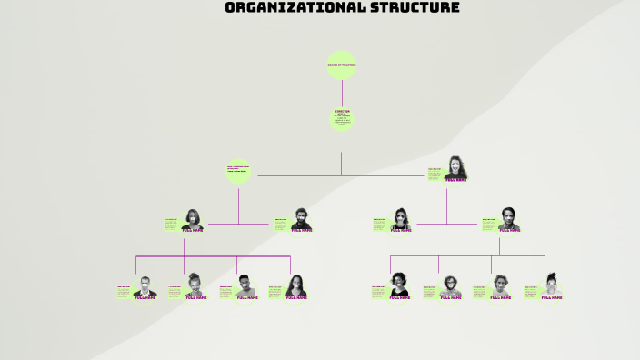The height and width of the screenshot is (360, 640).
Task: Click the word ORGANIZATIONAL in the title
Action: point(282,8)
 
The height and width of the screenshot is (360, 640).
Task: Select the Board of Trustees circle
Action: point(342,65)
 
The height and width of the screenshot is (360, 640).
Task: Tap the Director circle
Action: point(342,118)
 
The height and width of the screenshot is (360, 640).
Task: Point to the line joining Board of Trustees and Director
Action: point(342,92)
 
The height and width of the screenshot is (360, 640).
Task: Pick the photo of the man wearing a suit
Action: point(145,287)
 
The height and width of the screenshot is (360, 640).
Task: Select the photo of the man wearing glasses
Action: point(451,286)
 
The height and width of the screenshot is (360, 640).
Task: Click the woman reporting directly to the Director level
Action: point(456,167)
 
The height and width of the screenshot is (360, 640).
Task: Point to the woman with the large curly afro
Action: point(399,285)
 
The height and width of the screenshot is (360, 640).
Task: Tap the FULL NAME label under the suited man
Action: point(145,297)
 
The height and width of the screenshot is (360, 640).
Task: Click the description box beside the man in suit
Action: point(124,291)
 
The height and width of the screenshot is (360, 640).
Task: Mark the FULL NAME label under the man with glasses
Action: point(451,297)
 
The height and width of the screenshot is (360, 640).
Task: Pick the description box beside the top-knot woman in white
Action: point(531,291)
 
